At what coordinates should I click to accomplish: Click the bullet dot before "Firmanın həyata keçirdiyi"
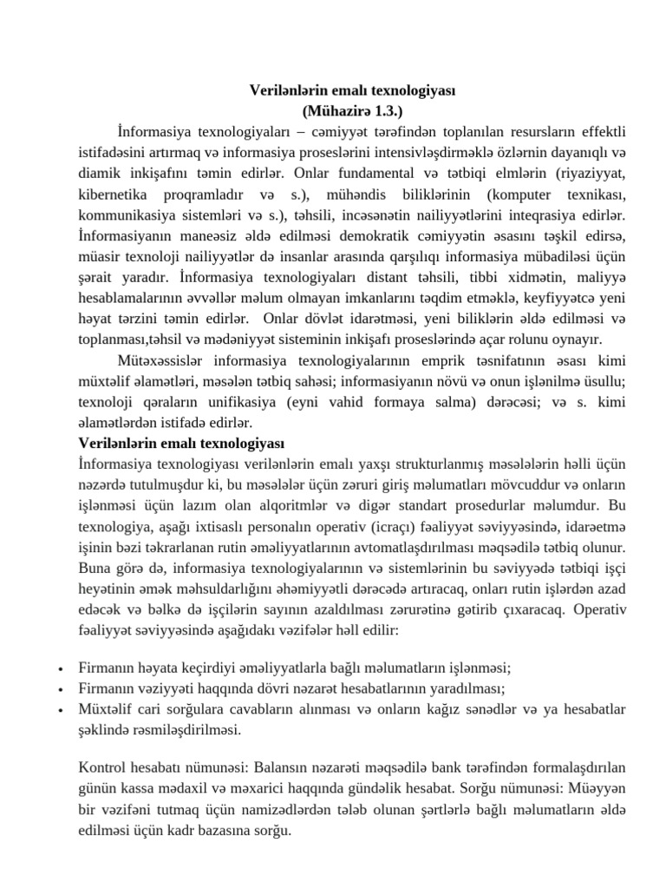pyautogui.click(x=58, y=670)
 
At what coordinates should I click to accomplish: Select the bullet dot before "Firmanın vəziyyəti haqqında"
pyautogui.click(x=58, y=690)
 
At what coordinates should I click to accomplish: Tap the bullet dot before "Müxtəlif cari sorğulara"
pyautogui.click(x=58, y=710)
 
